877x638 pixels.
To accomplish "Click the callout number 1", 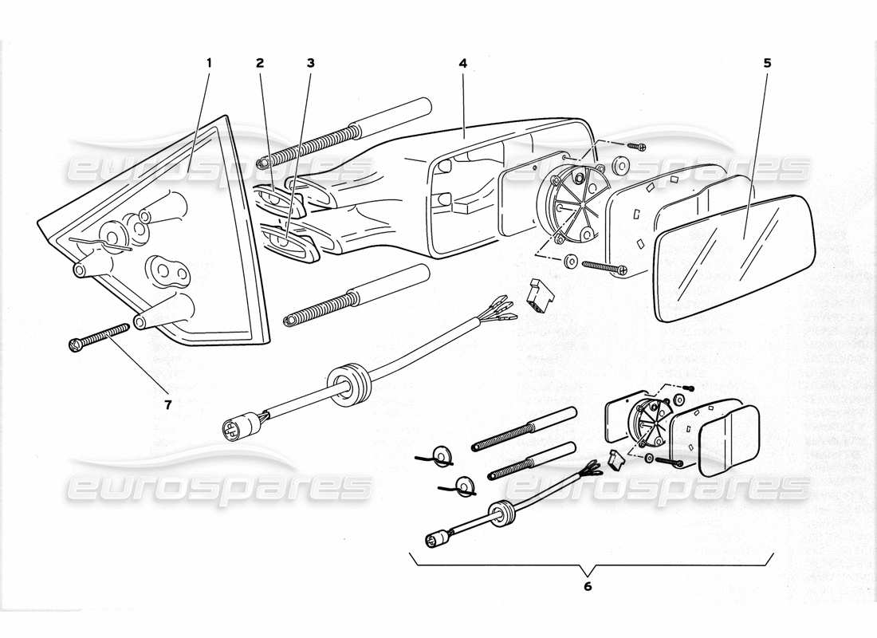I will point(209,62).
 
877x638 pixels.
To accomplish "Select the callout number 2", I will point(259,62).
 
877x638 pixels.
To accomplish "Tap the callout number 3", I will point(310,62).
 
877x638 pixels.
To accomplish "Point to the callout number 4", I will point(462,62).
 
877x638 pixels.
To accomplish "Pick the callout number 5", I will point(766,62).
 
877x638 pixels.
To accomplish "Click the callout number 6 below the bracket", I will point(588,587).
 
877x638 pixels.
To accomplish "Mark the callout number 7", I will point(167,404).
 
